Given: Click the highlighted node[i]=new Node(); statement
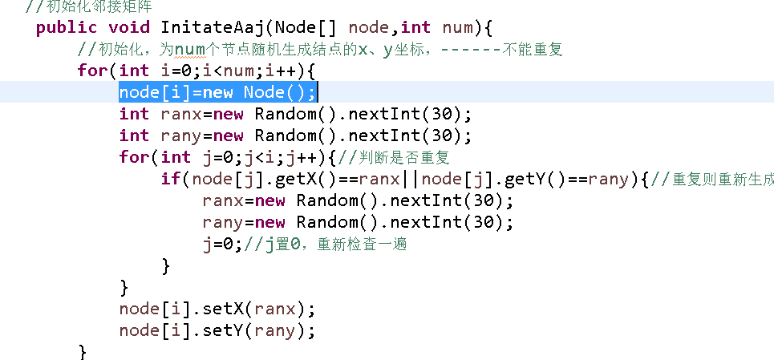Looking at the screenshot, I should pyautogui.click(x=217, y=92).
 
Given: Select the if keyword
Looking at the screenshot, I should pyautogui.click(x=171, y=179).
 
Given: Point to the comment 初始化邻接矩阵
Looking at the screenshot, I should pyautogui.click(x=88, y=6).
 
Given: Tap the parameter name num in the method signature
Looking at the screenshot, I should pyautogui.click(x=458, y=28).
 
